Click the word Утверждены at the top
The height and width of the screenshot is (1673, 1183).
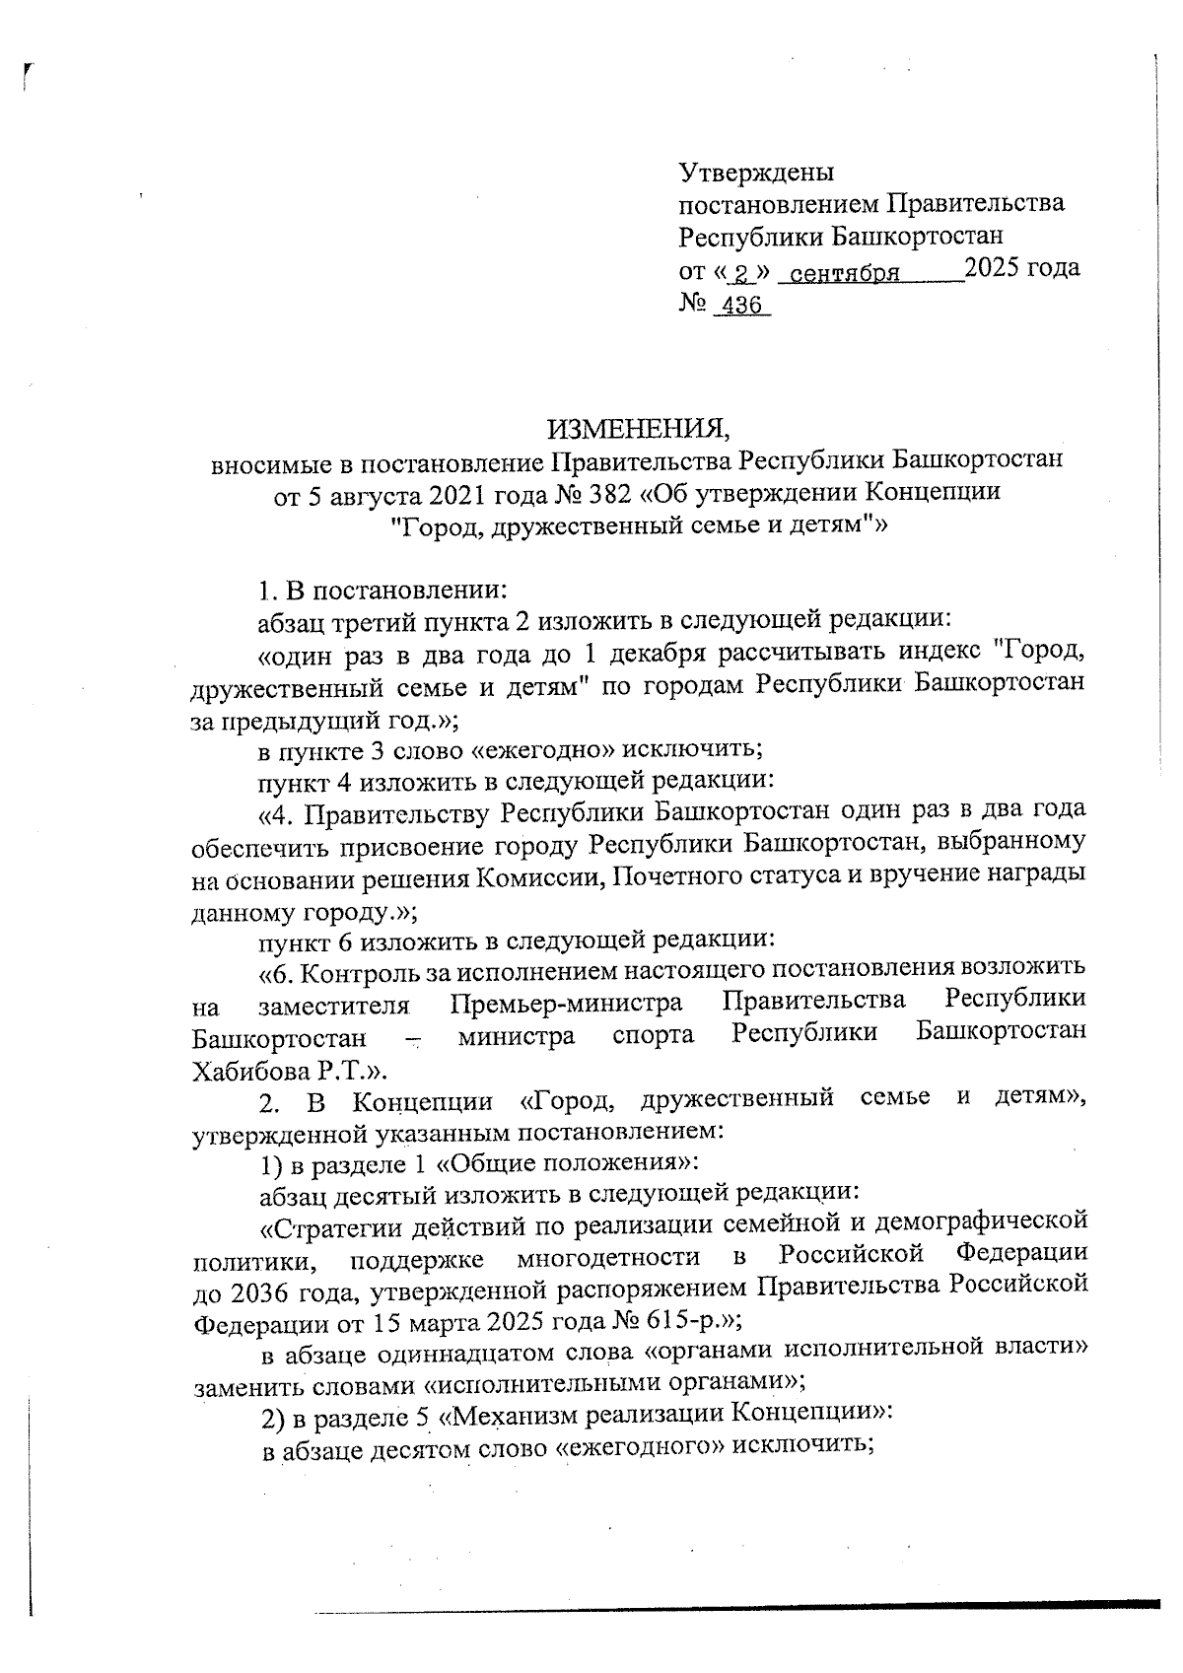(x=756, y=173)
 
